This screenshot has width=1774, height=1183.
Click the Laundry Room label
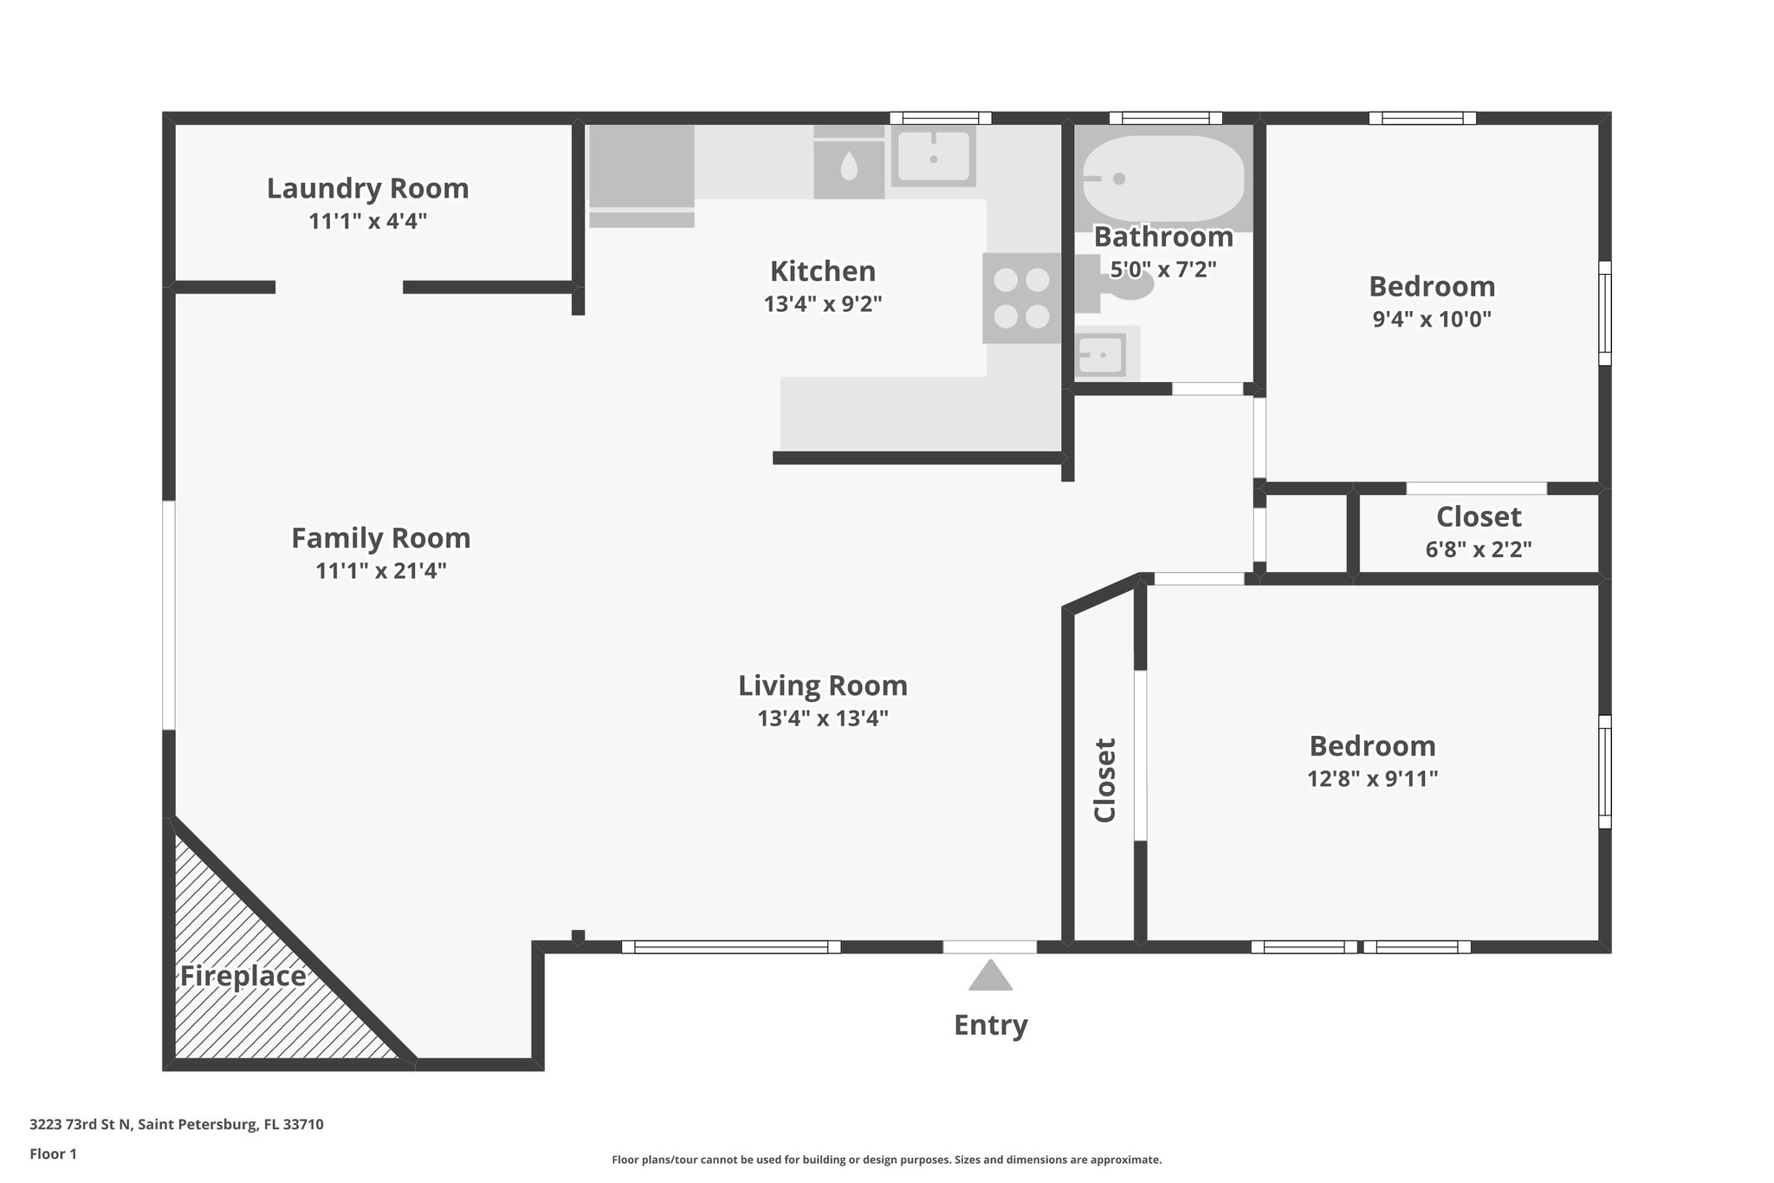click(367, 188)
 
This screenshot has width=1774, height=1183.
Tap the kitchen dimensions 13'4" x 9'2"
click(822, 304)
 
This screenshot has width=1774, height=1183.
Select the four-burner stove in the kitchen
click(1021, 298)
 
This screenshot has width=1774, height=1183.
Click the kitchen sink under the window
click(933, 156)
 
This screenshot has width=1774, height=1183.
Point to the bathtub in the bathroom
click(1163, 179)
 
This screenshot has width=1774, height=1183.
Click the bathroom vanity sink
click(1102, 354)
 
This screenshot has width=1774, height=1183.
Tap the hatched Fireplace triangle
click(251, 988)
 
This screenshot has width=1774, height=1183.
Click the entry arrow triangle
click(990, 977)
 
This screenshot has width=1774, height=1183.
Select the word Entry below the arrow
click(990, 1025)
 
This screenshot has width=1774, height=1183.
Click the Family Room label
click(380, 538)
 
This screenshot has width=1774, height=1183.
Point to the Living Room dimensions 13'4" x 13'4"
click(822, 718)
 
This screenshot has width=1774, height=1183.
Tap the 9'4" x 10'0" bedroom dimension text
click(1431, 319)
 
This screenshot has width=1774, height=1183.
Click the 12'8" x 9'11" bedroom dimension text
click(1372, 779)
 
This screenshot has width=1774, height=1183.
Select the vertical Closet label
click(1104, 779)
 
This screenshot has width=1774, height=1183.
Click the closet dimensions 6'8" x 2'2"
click(1478, 549)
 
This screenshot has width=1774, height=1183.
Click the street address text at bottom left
click(177, 1124)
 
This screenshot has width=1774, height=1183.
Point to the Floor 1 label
click(53, 1154)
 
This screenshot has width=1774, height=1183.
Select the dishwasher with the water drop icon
click(848, 166)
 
